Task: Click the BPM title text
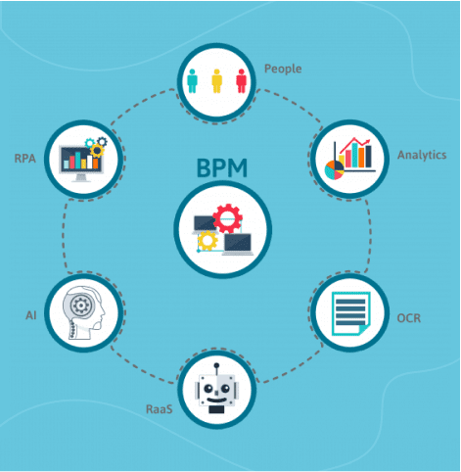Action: pos(222,167)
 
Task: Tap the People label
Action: pos(283,70)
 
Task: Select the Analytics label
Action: pos(422,156)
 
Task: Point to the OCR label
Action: pos(409,318)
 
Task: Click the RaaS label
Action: pos(160,409)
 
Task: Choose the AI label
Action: pos(31,315)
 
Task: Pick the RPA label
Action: pos(24,159)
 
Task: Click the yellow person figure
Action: pos(216,81)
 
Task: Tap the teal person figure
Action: pos(192,81)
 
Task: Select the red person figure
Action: pos(241,81)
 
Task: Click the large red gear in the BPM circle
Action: pos(227,218)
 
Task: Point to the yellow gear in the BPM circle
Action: pos(207,241)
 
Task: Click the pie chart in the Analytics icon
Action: pos(334,169)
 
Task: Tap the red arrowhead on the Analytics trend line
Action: pos(368,142)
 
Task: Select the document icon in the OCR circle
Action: pos(351,313)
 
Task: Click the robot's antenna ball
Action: pos(216,365)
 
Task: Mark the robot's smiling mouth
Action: pos(216,400)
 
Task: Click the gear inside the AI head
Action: pos(80,306)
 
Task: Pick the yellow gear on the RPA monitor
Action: pos(97,151)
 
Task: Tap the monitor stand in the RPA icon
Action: pos(81,177)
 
